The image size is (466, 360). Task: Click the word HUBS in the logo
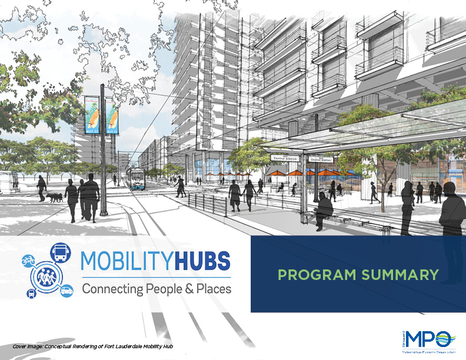(198, 261)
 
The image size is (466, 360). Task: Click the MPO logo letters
(432, 339)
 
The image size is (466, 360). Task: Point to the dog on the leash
(56, 198)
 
